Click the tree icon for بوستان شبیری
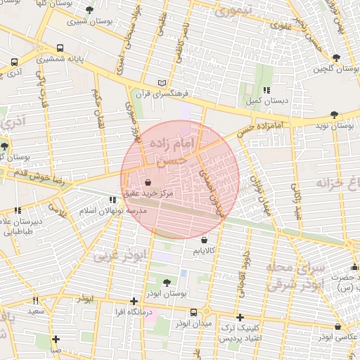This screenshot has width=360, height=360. (x=89, y=10)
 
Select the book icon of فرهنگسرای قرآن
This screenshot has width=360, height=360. (x=163, y=82)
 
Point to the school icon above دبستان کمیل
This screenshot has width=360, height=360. (x=266, y=90)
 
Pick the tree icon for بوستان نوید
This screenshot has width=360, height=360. (x=333, y=114)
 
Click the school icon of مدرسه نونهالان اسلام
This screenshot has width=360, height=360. (x=112, y=200)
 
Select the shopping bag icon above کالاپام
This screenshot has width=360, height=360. (x=204, y=240)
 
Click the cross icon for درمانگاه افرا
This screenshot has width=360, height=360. (x=134, y=301)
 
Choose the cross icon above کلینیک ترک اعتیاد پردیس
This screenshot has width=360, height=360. (x=241, y=318)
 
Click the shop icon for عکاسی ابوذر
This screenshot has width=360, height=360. (x=338, y=326)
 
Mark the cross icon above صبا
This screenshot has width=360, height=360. (x=56, y=339)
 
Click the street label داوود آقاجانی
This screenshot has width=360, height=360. (x=240, y=271)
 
